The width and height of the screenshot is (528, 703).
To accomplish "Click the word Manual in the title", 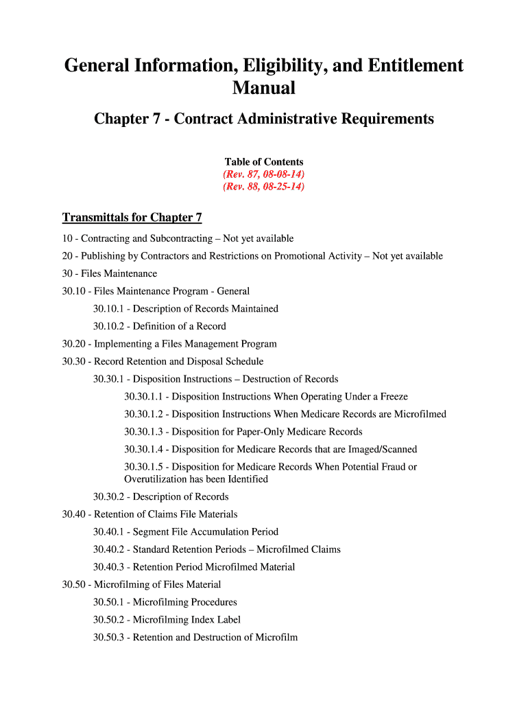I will pyautogui.click(x=264, y=89).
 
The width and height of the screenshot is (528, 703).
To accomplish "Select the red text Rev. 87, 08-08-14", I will pyautogui.click(x=264, y=174).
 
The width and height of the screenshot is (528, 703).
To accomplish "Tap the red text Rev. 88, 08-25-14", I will pyautogui.click(x=264, y=187).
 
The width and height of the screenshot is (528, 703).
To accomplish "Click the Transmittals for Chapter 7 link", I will pyautogui.click(x=132, y=218).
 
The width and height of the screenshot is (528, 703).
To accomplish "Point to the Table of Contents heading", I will pyautogui.click(x=264, y=162).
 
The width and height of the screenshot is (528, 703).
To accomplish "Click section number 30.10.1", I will pyautogui.click(x=109, y=309).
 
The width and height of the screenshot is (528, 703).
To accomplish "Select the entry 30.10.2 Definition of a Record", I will pyautogui.click(x=160, y=327).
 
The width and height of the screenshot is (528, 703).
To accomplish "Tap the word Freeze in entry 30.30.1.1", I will pyautogui.click(x=392, y=397).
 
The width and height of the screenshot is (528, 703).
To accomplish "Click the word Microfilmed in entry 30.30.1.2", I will pyautogui.click(x=420, y=415).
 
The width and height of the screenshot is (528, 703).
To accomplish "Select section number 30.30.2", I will pyautogui.click(x=109, y=497).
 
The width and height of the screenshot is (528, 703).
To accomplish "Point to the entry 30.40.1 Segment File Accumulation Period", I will pyautogui.click(x=186, y=532).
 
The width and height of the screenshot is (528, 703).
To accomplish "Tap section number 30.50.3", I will pyautogui.click(x=109, y=638).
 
